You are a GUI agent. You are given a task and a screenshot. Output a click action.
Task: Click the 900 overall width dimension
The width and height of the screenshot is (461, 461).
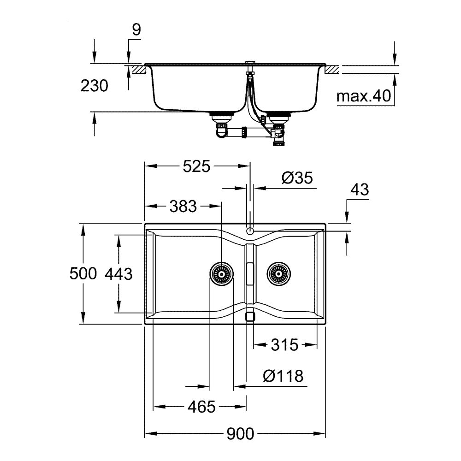240,434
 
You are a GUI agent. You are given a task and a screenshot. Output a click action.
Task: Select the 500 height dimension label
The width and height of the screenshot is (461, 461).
83,274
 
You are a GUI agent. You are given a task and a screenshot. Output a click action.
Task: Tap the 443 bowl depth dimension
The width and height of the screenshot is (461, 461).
119,274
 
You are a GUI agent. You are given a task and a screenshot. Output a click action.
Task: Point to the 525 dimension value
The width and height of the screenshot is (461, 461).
196,166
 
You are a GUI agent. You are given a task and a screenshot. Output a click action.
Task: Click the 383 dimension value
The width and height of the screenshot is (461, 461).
183,206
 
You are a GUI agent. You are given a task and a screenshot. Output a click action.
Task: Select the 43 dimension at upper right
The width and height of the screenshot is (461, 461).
360,190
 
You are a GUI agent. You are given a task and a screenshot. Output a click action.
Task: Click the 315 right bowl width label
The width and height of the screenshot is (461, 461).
284,344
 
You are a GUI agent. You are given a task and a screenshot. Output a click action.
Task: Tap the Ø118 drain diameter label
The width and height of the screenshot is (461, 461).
283,376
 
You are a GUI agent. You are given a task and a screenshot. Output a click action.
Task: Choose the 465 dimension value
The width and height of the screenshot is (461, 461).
201,407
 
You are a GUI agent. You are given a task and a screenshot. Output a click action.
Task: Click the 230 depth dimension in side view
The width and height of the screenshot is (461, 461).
94,86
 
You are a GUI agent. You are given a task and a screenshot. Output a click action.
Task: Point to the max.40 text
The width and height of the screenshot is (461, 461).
363,97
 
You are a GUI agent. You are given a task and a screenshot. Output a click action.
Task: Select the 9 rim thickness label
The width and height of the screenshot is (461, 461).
136,30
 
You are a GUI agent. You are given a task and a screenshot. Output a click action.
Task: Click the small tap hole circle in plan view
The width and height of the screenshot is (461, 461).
250,231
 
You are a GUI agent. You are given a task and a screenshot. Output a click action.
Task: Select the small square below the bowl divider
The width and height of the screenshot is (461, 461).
250,317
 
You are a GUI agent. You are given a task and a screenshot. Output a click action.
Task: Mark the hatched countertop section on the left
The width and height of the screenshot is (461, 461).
138,70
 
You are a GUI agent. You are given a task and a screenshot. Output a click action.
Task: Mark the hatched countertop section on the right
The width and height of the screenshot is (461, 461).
332,70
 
